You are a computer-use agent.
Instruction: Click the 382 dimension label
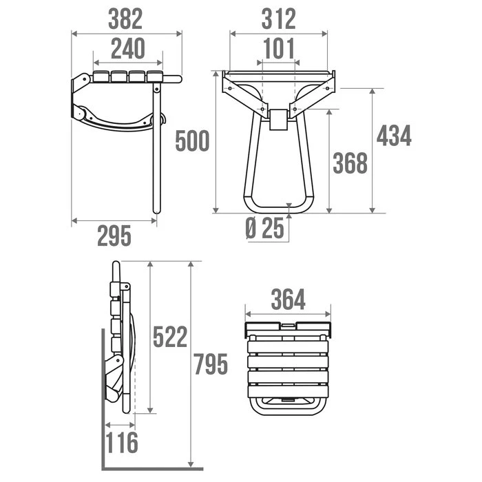coord(127,18)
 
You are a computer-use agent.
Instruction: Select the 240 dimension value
coord(127,49)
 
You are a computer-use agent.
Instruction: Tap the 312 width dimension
coord(278,18)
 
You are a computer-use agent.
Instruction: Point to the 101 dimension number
coord(278,49)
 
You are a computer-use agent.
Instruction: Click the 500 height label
coord(192,141)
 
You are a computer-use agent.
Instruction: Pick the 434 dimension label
coord(394,136)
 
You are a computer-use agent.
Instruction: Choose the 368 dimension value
coord(350,163)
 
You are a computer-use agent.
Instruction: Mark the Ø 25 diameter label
coord(265,228)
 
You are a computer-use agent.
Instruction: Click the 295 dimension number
coord(114,235)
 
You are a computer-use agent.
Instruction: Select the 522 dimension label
coord(169,337)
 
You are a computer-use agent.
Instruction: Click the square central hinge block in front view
coord(279,120)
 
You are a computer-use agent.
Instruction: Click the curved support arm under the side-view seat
coord(117,124)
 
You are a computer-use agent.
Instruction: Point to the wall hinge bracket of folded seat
coord(114,379)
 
